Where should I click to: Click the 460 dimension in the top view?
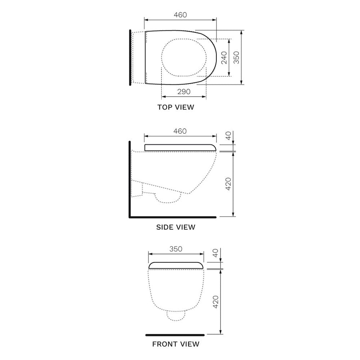180,15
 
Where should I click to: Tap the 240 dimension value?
224,58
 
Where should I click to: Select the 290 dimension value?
184,92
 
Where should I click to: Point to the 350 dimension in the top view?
236,57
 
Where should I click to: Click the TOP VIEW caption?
176,107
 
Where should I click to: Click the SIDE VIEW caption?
176,227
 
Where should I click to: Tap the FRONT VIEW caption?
176,344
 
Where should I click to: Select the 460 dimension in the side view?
180,131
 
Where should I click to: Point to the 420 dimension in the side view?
228,184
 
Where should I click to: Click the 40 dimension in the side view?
228,136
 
